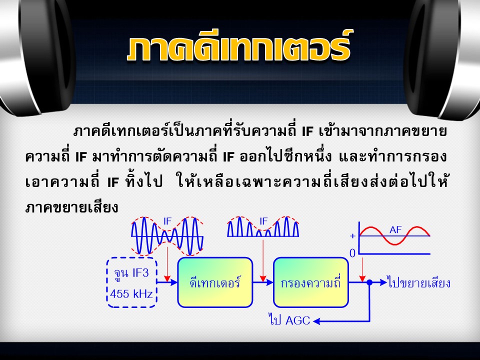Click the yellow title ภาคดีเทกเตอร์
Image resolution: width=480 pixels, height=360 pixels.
click(239, 46)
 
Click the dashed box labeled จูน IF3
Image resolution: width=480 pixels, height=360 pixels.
click(132, 283)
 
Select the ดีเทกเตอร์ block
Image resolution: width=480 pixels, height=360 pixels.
click(215, 282)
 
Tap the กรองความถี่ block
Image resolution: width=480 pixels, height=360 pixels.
click(310, 282)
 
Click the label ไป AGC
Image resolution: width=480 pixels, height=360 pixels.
click(289, 320)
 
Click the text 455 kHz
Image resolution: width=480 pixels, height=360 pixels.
click(131, 294)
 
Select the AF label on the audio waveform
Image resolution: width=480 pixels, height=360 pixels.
click(395, 230)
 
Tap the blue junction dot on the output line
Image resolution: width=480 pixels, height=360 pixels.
click(370, 282)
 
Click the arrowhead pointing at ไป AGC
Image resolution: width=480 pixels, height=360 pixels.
click(316, 321)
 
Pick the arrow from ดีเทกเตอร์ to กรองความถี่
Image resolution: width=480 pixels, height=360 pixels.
click(263, 282)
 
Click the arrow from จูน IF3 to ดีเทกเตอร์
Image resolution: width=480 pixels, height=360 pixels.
click(167, 282)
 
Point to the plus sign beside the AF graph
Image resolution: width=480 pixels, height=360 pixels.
click(353, 235)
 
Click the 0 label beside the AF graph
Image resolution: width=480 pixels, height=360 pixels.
click(352, 253)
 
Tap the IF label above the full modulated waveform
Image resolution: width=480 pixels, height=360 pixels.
click(167, 221)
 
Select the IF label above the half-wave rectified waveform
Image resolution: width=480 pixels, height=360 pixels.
click(263, 221)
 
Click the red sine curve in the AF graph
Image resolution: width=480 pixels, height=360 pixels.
click(395, 235)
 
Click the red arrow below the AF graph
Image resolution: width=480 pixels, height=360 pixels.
click(362, 269)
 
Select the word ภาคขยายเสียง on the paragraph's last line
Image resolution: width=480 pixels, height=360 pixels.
click(71, 207)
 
